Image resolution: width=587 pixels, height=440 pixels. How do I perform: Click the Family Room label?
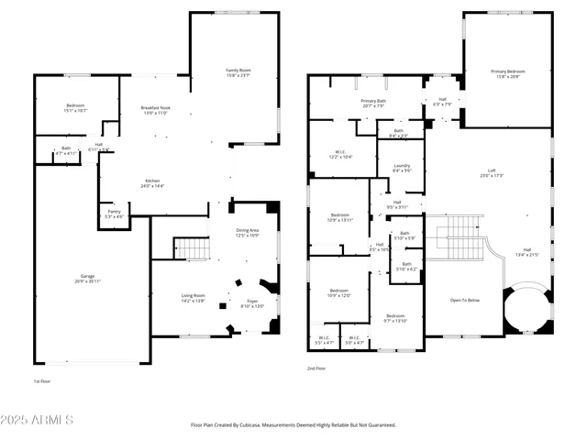(x=238, y=71)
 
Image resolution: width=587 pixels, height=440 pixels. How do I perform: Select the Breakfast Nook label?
(x=153, y=109)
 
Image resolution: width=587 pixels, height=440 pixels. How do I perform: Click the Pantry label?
(x=115, y=213)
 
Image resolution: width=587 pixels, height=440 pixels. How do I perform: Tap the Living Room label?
(x=193, y=296)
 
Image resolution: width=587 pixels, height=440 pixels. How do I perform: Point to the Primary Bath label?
(x=372, y=102)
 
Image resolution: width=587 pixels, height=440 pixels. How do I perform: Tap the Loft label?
(x=492, y=171)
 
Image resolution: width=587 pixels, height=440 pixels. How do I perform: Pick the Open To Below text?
(x=465, y=300)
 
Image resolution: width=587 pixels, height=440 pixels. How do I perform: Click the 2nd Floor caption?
(x=316, y=368)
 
